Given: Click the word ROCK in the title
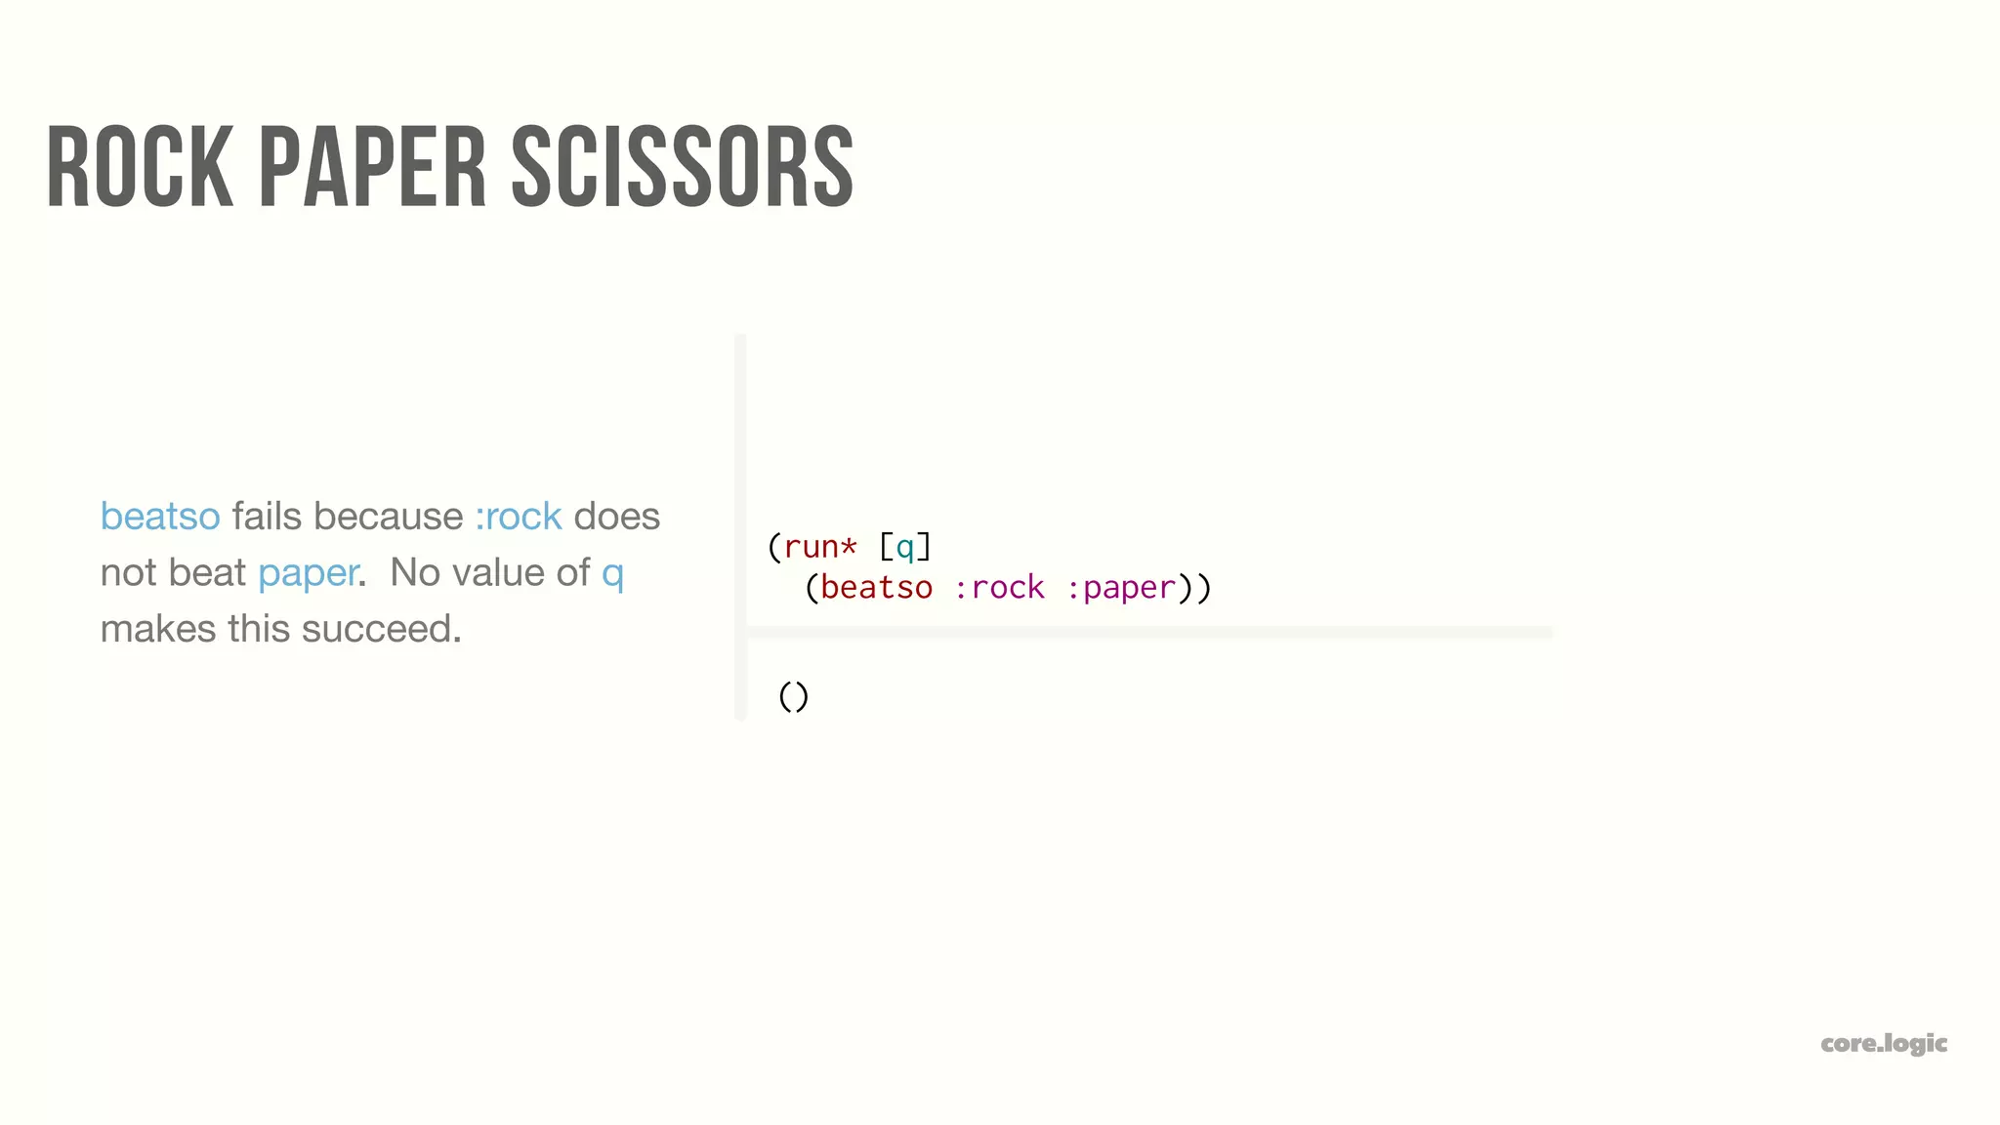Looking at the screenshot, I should pyautogui.click(x=140, y=167).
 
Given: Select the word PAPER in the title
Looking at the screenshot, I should pyautogui.click(x=372, y=167).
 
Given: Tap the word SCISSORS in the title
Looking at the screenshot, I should pyautogui.click(x=683, y=167).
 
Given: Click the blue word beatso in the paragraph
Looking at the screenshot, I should pyautogui.click(x=160, y=517).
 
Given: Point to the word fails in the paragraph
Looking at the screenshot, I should pyautogui.click(x=267, y=517).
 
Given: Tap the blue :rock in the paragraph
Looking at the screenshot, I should pyautogui.click(x=519, y=517).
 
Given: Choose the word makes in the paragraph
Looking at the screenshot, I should pyautogui.click(x=158, y=630).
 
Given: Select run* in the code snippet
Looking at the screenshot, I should pyautogui.click(x=820, y=547).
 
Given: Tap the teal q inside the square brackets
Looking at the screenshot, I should pyautogui.click(x=905, y=548).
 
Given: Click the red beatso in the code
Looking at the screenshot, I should pyautogui.click(x=876, y=588).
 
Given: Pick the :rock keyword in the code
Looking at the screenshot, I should pyautogui.click(x=999, y=588).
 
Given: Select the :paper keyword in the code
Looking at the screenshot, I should pyautogui.click(x=1121, y=588).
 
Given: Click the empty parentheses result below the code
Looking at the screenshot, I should pyautogui.click(x=794, y=696).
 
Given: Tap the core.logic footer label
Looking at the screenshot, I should pyautogui.click(x=1884, y=1044).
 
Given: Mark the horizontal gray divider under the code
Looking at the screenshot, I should pyautogui.click(x=1148, y=633).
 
